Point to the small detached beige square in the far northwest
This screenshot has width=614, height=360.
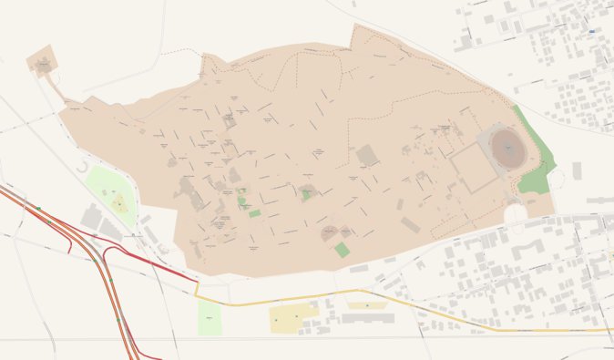pyautogui.click(x=43, y=61)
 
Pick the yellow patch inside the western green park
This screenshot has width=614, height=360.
pyautogui.click(x=119, y=203)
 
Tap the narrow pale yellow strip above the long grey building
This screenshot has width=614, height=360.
pyautogui.click(x=366, y=305)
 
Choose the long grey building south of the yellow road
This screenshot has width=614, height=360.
pyautogui.click(x=368, y=318)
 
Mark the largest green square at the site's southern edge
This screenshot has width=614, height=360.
pyautogui.click(x=341, y=249)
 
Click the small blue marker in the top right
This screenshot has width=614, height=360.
pyautogui.click(x=592, y=30)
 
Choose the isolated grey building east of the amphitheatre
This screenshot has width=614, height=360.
pyautogui.click(x=577, y=170)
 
